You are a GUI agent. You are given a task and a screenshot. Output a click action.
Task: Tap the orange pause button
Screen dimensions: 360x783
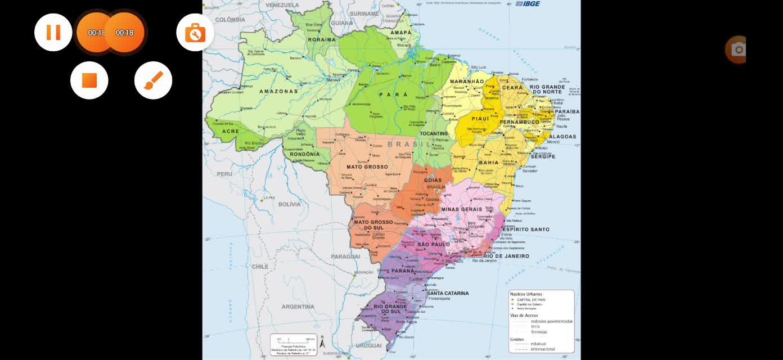(53, 32)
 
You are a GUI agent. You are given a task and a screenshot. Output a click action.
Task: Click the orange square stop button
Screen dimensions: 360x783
(89, 80)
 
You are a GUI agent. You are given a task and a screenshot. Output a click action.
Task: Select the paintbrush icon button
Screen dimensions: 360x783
(153, 80)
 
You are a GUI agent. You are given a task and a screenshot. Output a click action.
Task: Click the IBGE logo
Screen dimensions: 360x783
(530, 3)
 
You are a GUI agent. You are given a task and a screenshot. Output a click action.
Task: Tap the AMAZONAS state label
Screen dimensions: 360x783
(278, 91)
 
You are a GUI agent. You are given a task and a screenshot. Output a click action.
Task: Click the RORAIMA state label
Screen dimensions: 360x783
(322, 40)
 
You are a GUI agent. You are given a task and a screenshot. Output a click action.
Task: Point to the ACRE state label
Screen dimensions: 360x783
(231, 131)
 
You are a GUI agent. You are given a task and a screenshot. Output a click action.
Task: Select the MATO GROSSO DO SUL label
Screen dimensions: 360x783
(373, 225)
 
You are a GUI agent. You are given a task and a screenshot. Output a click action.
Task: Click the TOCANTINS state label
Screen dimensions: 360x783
(434, 134)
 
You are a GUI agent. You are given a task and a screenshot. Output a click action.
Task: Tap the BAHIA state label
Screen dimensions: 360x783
(488, 163)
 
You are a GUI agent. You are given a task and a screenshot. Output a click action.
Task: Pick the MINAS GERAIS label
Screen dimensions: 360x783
(461, 209)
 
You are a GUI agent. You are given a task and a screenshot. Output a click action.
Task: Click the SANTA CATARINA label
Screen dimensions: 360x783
(448, 293)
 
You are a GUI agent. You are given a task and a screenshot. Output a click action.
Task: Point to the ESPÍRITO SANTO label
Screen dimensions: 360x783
(525, 229)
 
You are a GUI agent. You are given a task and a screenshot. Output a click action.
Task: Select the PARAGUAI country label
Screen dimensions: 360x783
(345, 256)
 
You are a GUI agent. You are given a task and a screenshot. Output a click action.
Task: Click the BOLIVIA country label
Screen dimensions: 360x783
(290, 204)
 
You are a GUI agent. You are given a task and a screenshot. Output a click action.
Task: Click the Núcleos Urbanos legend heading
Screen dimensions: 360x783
(526, 294)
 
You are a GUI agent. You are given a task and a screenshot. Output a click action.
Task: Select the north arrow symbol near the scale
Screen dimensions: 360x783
(322, 342)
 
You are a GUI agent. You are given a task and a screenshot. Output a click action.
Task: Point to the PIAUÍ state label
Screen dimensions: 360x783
(465, 119)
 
